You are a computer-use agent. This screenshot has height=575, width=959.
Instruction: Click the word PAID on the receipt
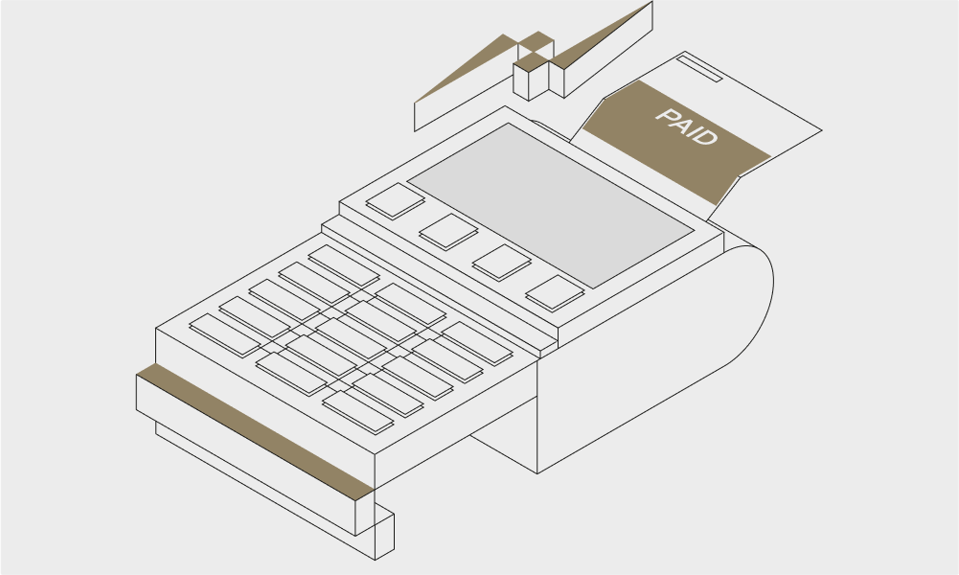[x=686, y=126]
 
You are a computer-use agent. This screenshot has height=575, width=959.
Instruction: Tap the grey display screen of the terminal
[x=551, y=205]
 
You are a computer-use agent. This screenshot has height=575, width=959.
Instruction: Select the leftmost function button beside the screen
[x=395, y=200]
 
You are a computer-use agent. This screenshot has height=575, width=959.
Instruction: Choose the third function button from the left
[x=501, y=263]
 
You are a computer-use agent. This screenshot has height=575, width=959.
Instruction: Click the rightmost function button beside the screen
[x=555, y=293]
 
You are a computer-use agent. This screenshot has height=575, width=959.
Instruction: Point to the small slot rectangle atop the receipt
[x=699, y=68]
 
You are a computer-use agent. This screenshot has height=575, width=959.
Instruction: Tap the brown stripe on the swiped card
[x=255, y=432]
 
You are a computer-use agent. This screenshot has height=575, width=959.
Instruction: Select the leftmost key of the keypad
[x=225, y=335]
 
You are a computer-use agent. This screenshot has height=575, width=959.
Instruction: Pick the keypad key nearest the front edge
[x=357, y=412]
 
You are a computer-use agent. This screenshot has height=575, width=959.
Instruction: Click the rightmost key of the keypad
[x=477, y=344]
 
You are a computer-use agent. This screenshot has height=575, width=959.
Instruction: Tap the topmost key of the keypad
[x=344, y=266]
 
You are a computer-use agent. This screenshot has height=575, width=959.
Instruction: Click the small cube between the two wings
[x=531, y=77]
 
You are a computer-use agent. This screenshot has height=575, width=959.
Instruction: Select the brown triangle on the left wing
[x=465, y=68]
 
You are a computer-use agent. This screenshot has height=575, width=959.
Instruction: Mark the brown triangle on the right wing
[x=603, y=34]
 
